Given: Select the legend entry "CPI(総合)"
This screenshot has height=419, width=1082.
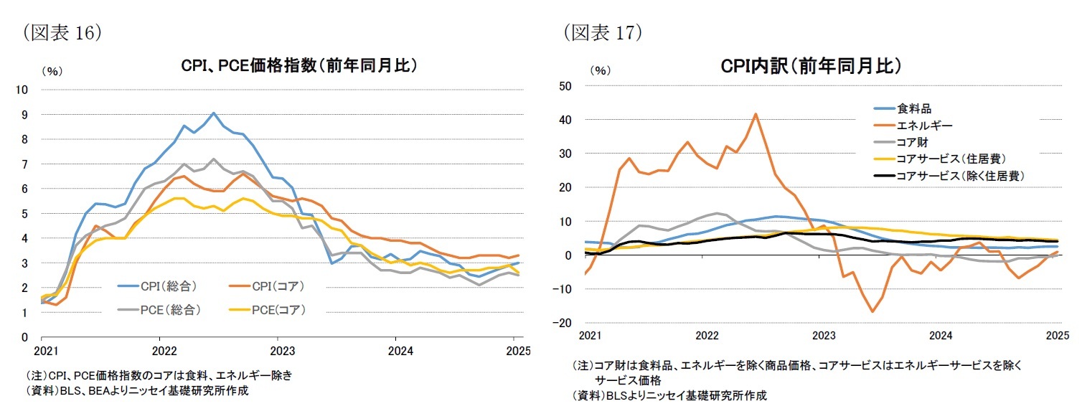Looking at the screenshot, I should pyautogui.click(x=169, y=286).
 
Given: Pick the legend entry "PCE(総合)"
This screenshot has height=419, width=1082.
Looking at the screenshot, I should pyautogui.click(x=169, y=309).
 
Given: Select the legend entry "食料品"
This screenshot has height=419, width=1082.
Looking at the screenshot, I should pyautogui.click(x=914, y=109).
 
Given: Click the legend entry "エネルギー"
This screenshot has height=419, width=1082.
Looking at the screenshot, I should pyautogui.click(x=925, y=126).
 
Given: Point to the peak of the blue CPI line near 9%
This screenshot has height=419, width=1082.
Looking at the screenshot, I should pyautogui.click(x=214, y=113).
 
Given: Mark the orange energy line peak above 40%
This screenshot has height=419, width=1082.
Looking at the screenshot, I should pyautogui.click(x=756, y=113).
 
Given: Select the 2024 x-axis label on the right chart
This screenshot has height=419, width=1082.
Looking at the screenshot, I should pyautogui.click(x=941, y=336).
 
